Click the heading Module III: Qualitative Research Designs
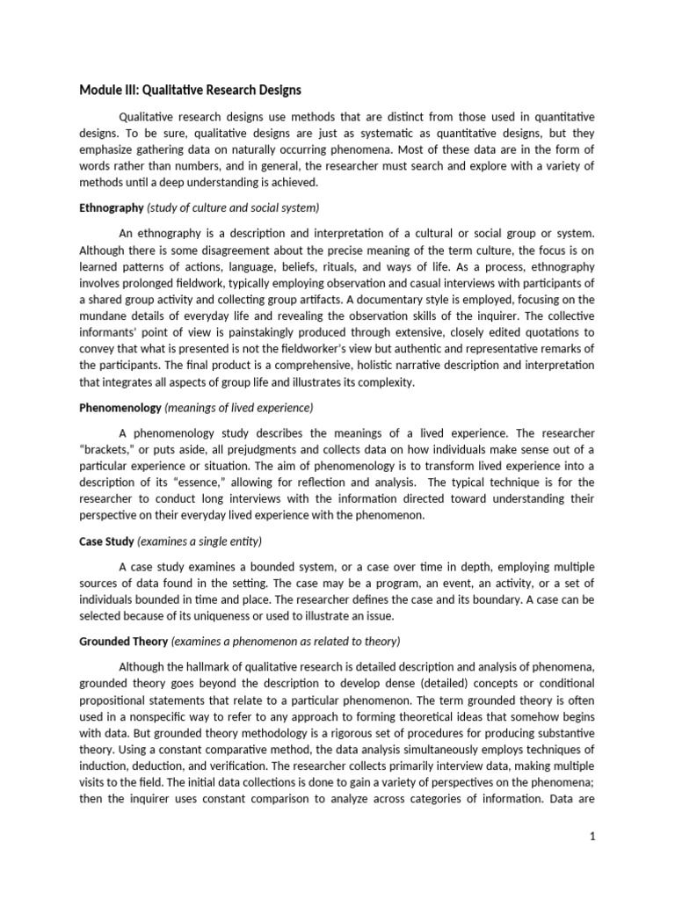click(191, 90)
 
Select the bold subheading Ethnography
click(112, 208)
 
